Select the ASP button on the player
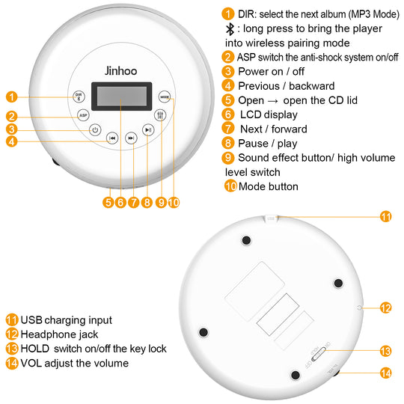tap(84, 115)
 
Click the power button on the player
tap(94, 129)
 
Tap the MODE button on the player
tap(165, 96)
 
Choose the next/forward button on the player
tap(131, 138)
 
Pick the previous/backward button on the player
tap(111, 138)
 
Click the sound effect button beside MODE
tap(159, 116)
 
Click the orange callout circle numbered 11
tap(385, 216)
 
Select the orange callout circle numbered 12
tap(386, 307)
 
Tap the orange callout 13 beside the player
tap(386, 350)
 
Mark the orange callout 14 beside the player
tap(386, 372)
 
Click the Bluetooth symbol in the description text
tap(230, 28)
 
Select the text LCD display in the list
tap(269, 114)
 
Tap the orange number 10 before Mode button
tap(230, 186)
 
